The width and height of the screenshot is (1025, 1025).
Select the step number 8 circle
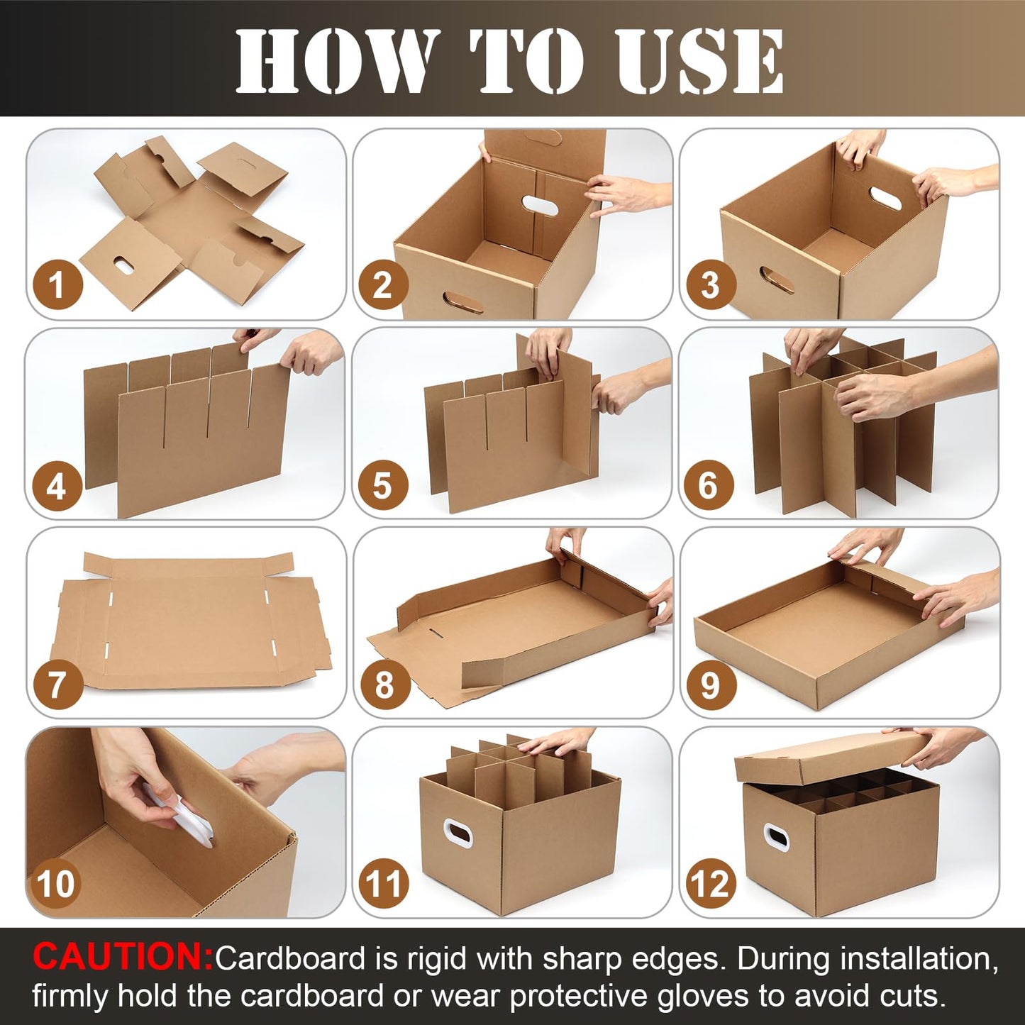coord(384,685)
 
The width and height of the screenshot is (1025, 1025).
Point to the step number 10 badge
coord(56,884)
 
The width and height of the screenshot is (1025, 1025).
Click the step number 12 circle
coord(711,884)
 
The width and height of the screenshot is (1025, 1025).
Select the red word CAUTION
coord(123,956)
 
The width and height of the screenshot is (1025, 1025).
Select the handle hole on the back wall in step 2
coord(540,205)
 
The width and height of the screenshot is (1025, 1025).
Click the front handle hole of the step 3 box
coord(777,279)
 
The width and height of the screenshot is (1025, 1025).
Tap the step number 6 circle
coord(709,484)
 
